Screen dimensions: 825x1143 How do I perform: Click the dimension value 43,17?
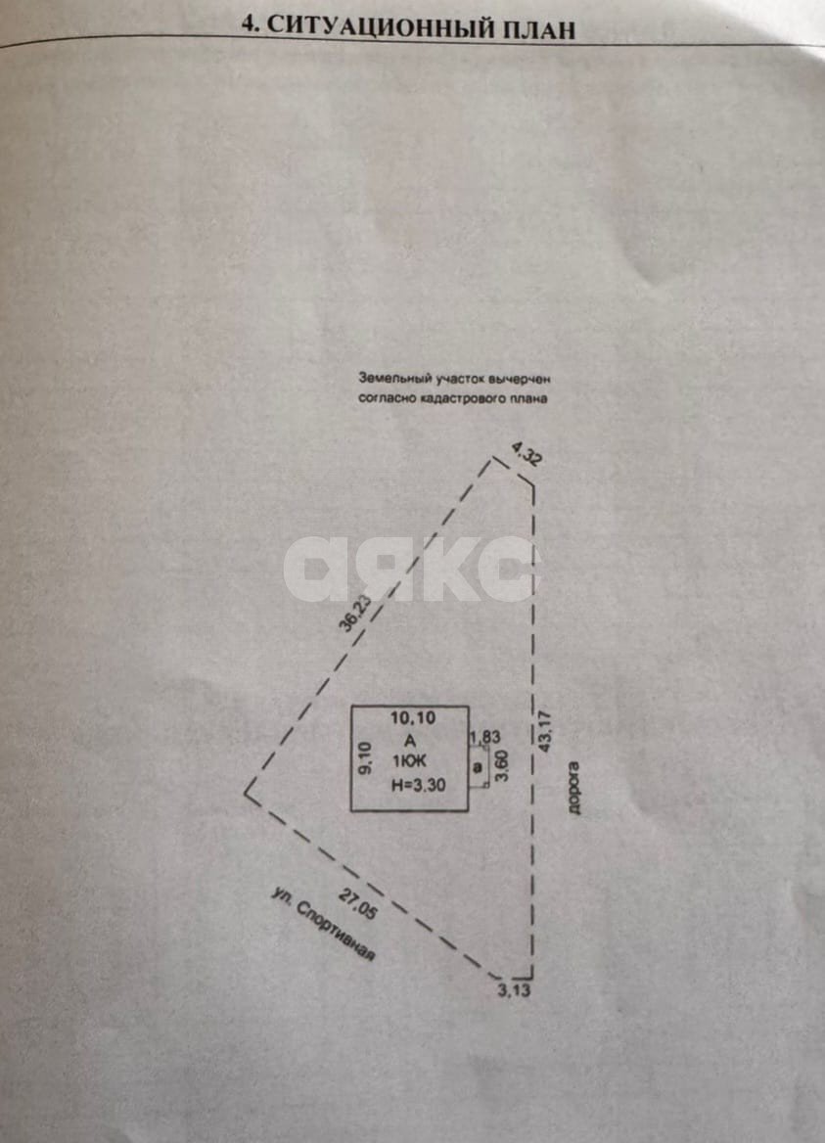(546, 731)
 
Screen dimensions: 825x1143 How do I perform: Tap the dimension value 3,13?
(514, 990)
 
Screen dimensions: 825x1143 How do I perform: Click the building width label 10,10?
(413, 717)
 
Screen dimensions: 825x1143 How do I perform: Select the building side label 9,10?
(366, 758)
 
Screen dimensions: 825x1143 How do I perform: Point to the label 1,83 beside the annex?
(484, 737)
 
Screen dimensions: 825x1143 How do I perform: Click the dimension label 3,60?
(501, 765)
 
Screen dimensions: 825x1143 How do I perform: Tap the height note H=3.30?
(418, 785)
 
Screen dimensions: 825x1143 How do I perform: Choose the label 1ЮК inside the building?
(409, 762)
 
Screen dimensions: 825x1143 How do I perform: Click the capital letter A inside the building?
(410, 741)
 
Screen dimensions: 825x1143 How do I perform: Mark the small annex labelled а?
(479, 767)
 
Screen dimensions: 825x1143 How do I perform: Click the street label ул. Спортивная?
(323, 924)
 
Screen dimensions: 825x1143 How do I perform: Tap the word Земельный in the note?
(393, 379)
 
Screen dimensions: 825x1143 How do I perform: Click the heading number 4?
(250, 24)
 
